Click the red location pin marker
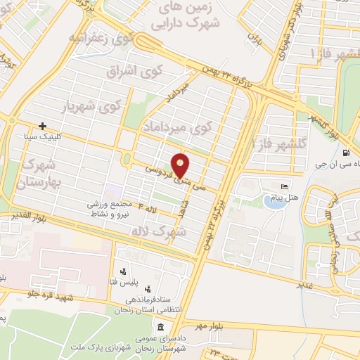181,167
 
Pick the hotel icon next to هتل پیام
284,186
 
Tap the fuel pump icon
345,153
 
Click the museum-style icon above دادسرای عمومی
162,328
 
